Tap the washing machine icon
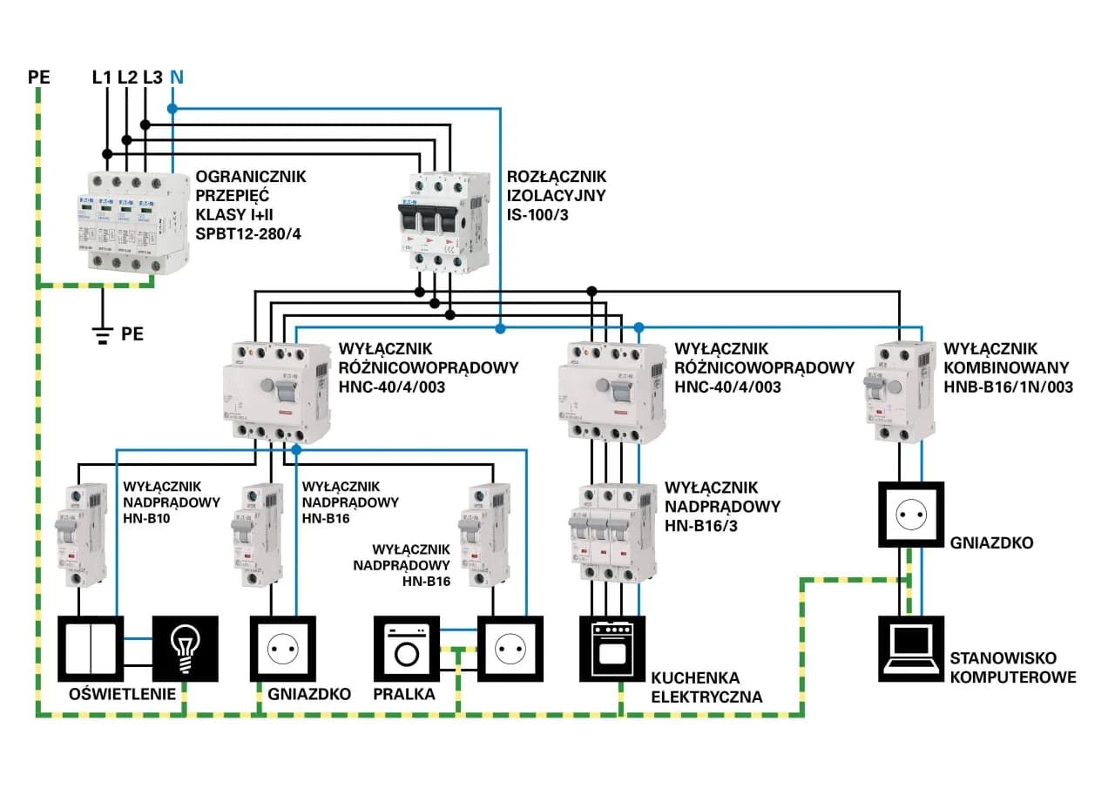point(406,649)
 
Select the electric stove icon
point(613,649)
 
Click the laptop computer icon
point(910,649)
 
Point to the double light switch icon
point(91,649)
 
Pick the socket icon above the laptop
point(910,514)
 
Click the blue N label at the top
point(177,77)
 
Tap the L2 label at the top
point(127,77)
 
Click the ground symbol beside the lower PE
point(103,333)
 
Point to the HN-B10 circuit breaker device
point(80,534)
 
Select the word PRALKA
point(403,694)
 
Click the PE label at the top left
point(39,77)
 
